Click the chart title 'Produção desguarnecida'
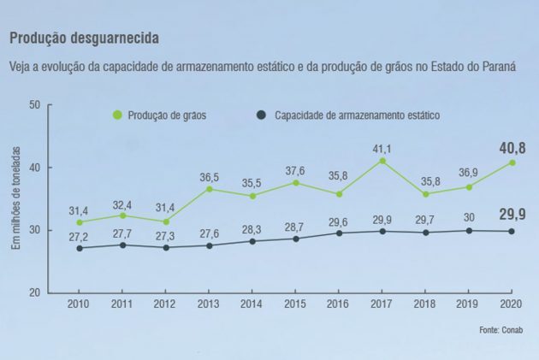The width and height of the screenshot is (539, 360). (83, 39)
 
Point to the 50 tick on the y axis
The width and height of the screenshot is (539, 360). (35, 105)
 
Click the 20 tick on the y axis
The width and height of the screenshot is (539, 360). (35, 292)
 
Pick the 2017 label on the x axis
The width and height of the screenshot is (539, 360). (382, 304)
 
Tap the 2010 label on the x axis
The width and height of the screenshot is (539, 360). (79, 304)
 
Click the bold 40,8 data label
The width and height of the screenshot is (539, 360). (512, 148)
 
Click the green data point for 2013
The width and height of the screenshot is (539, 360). (208, 189)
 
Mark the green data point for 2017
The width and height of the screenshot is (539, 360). (382, 161)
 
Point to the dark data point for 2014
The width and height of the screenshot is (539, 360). (252, 241)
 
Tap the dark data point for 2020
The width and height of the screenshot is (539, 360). (512, 231)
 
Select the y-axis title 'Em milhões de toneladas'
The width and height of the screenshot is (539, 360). (15, 198)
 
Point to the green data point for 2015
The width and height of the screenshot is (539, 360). (296, 182)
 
